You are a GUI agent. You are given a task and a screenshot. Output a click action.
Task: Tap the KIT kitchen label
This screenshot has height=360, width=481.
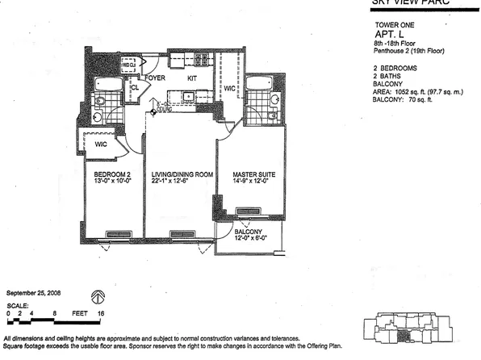192,78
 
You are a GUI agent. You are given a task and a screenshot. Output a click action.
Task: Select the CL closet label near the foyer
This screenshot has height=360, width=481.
135,86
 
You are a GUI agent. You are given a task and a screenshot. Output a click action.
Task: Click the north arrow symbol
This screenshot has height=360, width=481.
98,296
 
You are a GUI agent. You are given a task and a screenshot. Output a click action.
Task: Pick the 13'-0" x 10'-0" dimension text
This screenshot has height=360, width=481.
111,182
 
